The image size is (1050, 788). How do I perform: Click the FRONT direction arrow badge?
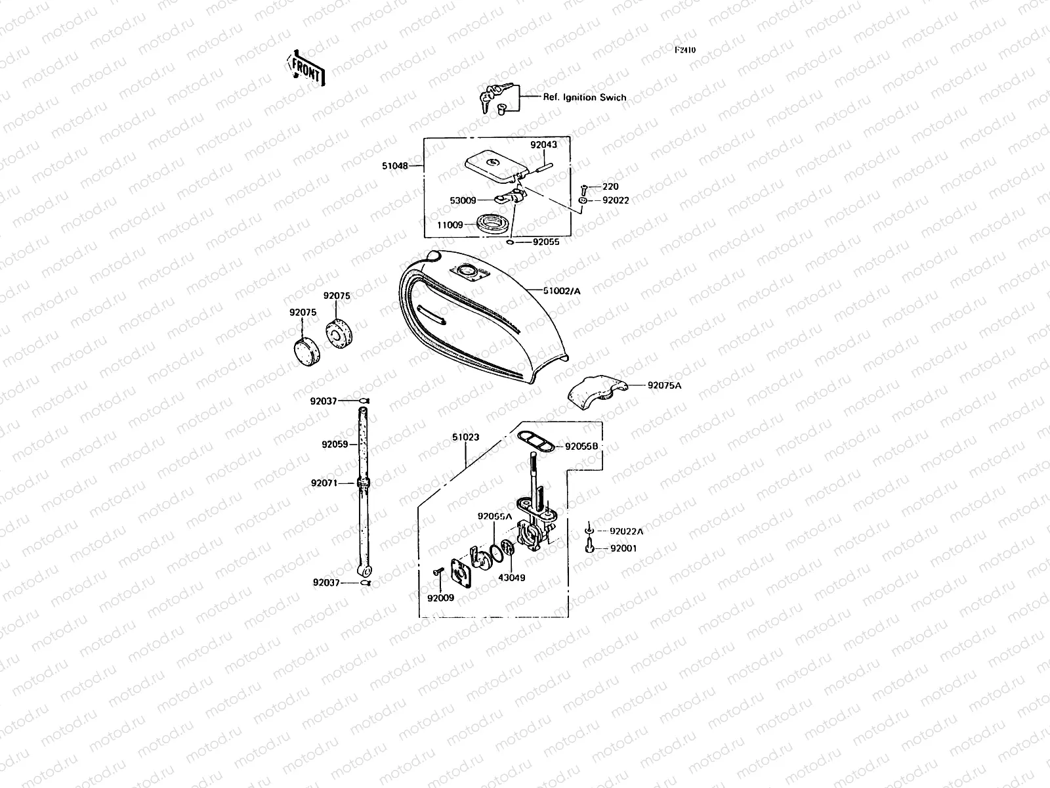click(306, 68)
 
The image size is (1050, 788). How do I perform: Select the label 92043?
click(543, 145)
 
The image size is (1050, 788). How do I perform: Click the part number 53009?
click(463, 200)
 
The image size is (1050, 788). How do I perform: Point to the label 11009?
click(450, 225)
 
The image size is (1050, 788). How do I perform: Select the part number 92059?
click(335, 445)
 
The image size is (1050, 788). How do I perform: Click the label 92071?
click(324, 483)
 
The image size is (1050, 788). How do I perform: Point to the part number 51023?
click(465, 437)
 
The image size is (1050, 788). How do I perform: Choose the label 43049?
click(511, 578)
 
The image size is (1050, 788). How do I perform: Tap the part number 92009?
click(440, 598)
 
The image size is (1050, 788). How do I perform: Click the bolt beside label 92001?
click(591, 548)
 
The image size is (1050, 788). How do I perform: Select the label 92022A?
click(626, 531)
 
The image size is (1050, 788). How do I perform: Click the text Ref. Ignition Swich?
click(584, 97)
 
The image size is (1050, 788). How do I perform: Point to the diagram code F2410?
click(685, 50)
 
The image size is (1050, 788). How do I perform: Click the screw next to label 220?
click(585, 187)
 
